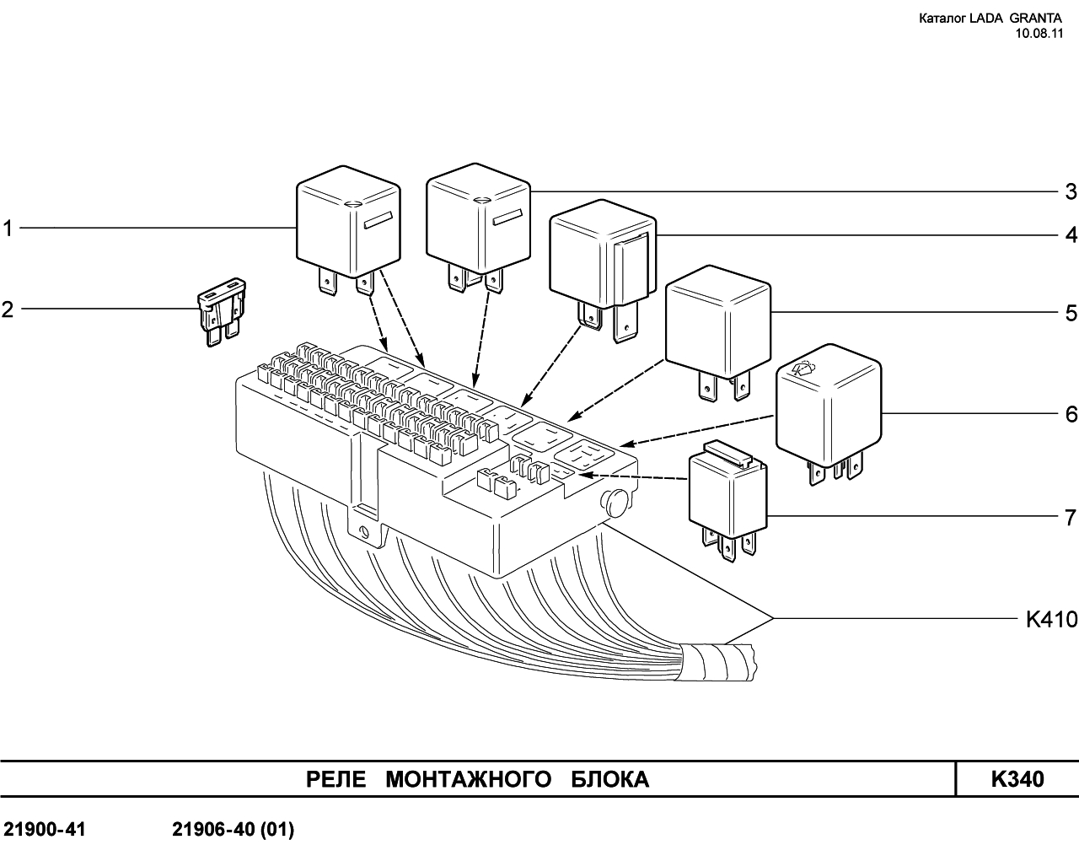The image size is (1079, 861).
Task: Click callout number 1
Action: [x=8, y=229]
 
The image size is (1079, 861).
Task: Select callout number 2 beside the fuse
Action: [x=8, y=309]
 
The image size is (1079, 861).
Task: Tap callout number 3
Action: [x=1071, y=191]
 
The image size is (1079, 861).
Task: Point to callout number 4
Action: [x=1071, y=234]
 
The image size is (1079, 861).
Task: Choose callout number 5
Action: [x=1071, y=314]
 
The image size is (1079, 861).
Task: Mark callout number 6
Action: [x=1071, y=414]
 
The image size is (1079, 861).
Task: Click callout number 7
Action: [x=1071, y=516]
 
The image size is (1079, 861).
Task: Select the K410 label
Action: [x=1051, y=620]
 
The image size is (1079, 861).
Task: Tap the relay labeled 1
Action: [x=346, y=223]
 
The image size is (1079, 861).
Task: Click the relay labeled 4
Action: [x=602, y=257]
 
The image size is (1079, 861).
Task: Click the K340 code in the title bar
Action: [x=1017, y=779]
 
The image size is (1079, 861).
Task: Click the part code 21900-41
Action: [x=44, y=831]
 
